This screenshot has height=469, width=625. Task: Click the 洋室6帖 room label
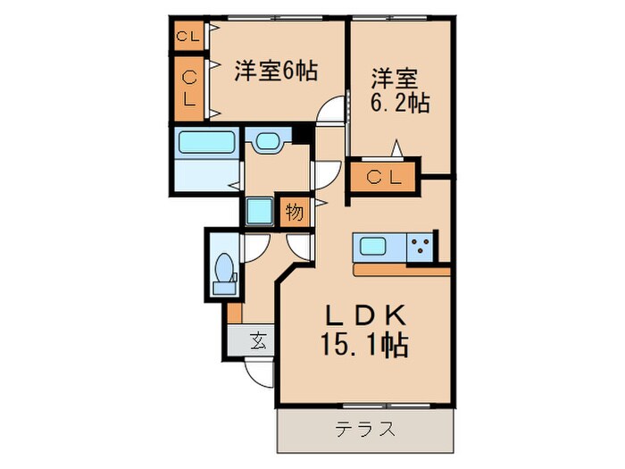click(x=277, y=71)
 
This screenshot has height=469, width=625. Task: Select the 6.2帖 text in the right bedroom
click(x=401, y=103)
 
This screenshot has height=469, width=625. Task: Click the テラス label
click(x=365, y=429)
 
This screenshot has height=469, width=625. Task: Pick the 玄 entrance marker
click(x=258, y=339)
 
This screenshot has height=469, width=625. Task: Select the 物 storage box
click(x=293, y=213)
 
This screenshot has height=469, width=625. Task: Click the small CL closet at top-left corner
click(x=187, y=37)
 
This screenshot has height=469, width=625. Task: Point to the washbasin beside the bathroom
click(x=266, y=141)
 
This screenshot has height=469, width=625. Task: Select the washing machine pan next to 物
click(x=260, y=212)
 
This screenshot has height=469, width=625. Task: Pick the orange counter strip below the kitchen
click(x=401, y=269)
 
